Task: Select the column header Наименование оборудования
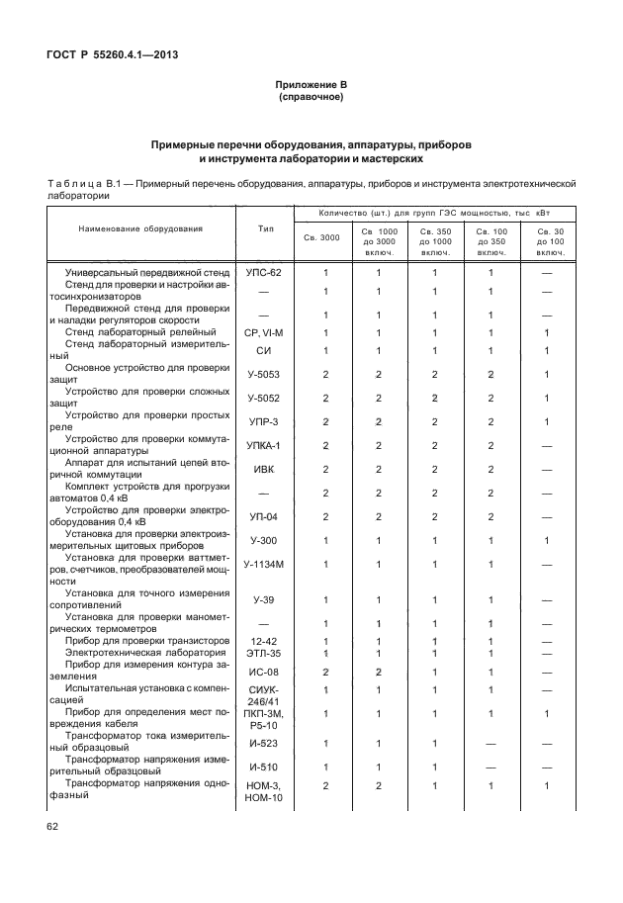(140, 228)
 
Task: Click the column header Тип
(265, 228)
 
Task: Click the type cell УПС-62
(264, 271)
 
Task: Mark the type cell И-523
(264, 743)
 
